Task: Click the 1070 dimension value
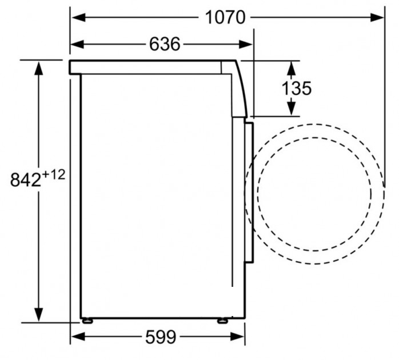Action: coord(225,17)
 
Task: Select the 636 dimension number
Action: coord(165,44)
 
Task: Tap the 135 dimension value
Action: coord(297,88)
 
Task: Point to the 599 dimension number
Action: coord(161,337)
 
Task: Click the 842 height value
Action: coord(26,179)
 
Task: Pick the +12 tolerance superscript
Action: coord(53,175)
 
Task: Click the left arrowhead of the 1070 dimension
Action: coord(78,18)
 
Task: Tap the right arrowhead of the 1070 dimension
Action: coord(377,18)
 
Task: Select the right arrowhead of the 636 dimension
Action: coord(245,44)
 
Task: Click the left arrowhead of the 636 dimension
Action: coord(77,44)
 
